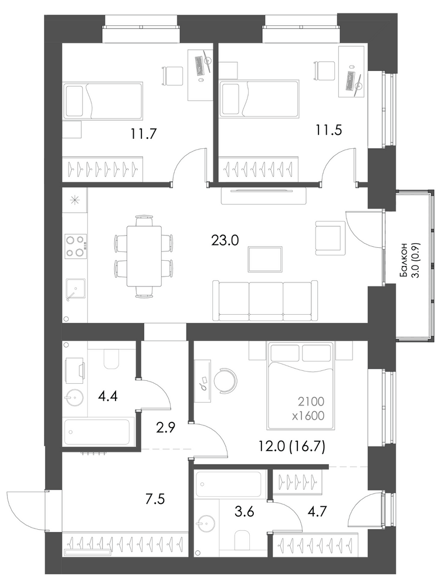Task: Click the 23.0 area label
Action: pos(225,240)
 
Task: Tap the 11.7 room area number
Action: pos(143,133)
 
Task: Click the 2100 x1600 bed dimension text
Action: pos(311,408)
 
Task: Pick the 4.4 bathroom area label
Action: pos(108,396)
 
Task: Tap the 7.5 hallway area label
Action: pos(155,499)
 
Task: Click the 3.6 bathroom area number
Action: pos(245,511)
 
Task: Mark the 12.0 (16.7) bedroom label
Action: pos(292,446)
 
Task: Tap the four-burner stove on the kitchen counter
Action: pos(76,246)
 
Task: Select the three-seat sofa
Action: pos(266,301)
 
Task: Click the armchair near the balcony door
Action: pos(330,238)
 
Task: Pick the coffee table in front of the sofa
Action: pos(265,259)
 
